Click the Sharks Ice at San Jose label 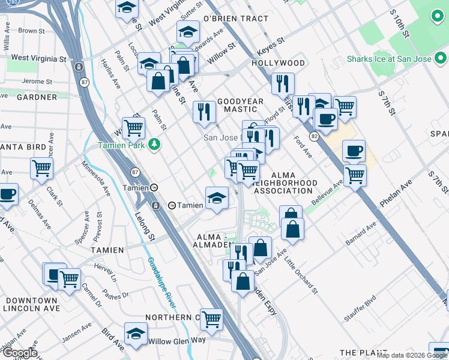390,59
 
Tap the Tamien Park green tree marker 155,145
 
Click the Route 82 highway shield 314,137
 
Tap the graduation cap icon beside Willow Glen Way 136,334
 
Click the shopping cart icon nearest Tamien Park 133,127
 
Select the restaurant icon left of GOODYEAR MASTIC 204,112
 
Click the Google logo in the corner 20,353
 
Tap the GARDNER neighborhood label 20,97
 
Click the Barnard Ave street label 361,234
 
